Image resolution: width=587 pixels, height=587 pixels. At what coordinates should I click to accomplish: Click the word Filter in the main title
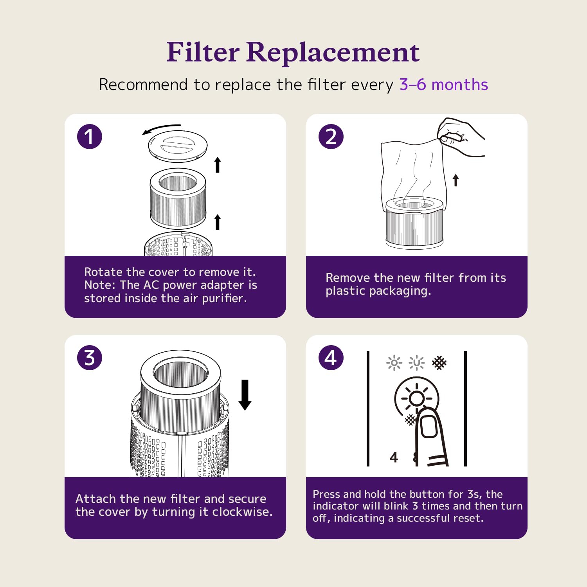(x=203, y=52)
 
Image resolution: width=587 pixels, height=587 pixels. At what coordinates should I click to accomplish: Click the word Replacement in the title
(x=333, y=52)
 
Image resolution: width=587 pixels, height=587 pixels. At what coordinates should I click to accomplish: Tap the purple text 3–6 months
(x=444, y=85)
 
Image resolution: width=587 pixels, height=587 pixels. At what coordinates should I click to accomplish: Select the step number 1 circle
(x=90, y=137)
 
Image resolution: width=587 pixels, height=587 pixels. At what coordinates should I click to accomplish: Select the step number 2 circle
(x=331, y=137)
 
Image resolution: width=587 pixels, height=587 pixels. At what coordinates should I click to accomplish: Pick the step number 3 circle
(x=90, y=358)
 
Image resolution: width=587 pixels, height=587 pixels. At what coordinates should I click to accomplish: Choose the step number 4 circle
(x=331, y=358)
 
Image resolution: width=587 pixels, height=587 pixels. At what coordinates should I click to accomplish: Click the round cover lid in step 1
(x=178, y=146)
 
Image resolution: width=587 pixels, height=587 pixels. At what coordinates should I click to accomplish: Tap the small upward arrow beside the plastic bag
(x=456, y=180)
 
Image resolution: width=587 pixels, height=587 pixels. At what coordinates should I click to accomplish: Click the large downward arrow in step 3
(x=245, y=395)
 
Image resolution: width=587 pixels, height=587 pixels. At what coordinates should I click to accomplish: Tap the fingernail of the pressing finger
(x=429, y=426)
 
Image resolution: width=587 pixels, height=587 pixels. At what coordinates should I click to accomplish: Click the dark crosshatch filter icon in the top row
(x=439, y=363)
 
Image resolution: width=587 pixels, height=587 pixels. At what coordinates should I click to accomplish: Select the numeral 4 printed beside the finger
(x=394, y=457)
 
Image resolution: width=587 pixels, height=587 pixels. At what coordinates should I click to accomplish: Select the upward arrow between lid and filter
(x=218, y=165)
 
